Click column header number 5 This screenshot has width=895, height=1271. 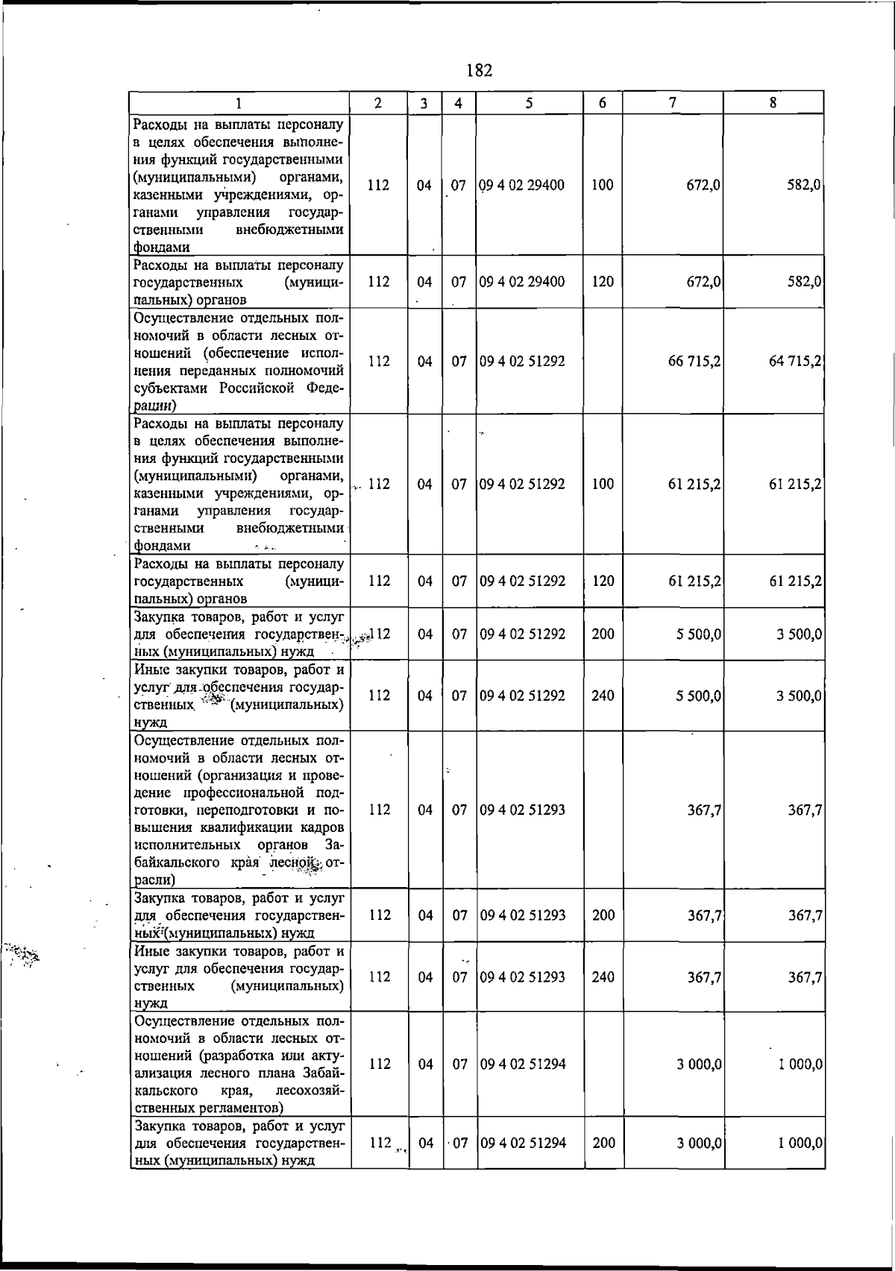pos(528,104)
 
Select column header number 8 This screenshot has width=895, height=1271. pos(773,104)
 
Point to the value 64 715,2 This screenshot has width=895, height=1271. pos(795,362)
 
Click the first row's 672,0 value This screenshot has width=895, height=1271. pos(703,185)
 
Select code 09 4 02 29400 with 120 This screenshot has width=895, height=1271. pos(522,282)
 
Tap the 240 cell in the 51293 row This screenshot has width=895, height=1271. pos(603,977)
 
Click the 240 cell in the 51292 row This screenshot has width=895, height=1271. pos(603,696)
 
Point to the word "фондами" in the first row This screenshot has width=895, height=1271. pos(161,247)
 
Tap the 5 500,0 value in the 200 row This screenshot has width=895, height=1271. pos(698,634)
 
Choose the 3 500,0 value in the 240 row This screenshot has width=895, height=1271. pos(799,696)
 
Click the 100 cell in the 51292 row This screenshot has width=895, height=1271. pos(603,484)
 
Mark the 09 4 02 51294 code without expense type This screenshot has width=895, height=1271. pos(522,1064)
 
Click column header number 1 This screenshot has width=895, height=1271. pos(239,104)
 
